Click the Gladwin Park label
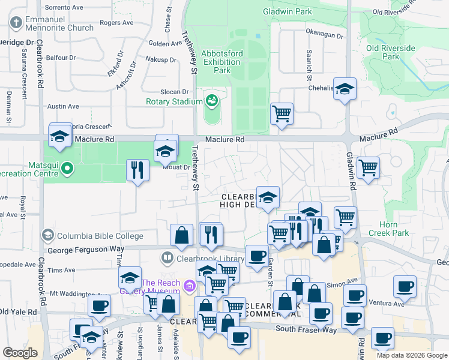coord(287,11)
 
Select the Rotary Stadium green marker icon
coord(211,100)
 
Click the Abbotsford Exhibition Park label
coord(222,62)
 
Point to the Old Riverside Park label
coord(391,52)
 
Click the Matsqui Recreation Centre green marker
coord(67,170)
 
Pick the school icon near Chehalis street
coord(345,89)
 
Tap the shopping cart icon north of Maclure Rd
coord(282,113)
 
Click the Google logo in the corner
coord(20,353)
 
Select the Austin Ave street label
coord(63,106)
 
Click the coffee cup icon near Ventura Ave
coord(405,286)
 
